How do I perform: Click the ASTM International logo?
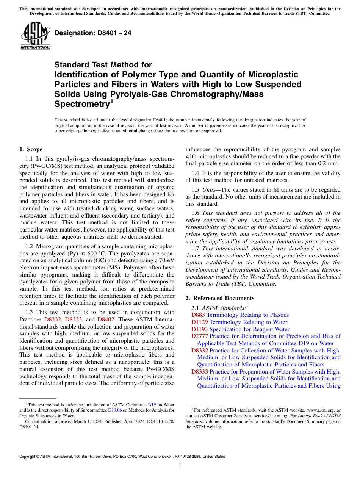click(x=35, y=36)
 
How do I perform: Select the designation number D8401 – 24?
click(x=93, y=33)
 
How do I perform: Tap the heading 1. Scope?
click(x=31, y=149)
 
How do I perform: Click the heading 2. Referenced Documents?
click(x=220, y=298)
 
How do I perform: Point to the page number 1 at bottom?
click(x=180, y=466)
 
